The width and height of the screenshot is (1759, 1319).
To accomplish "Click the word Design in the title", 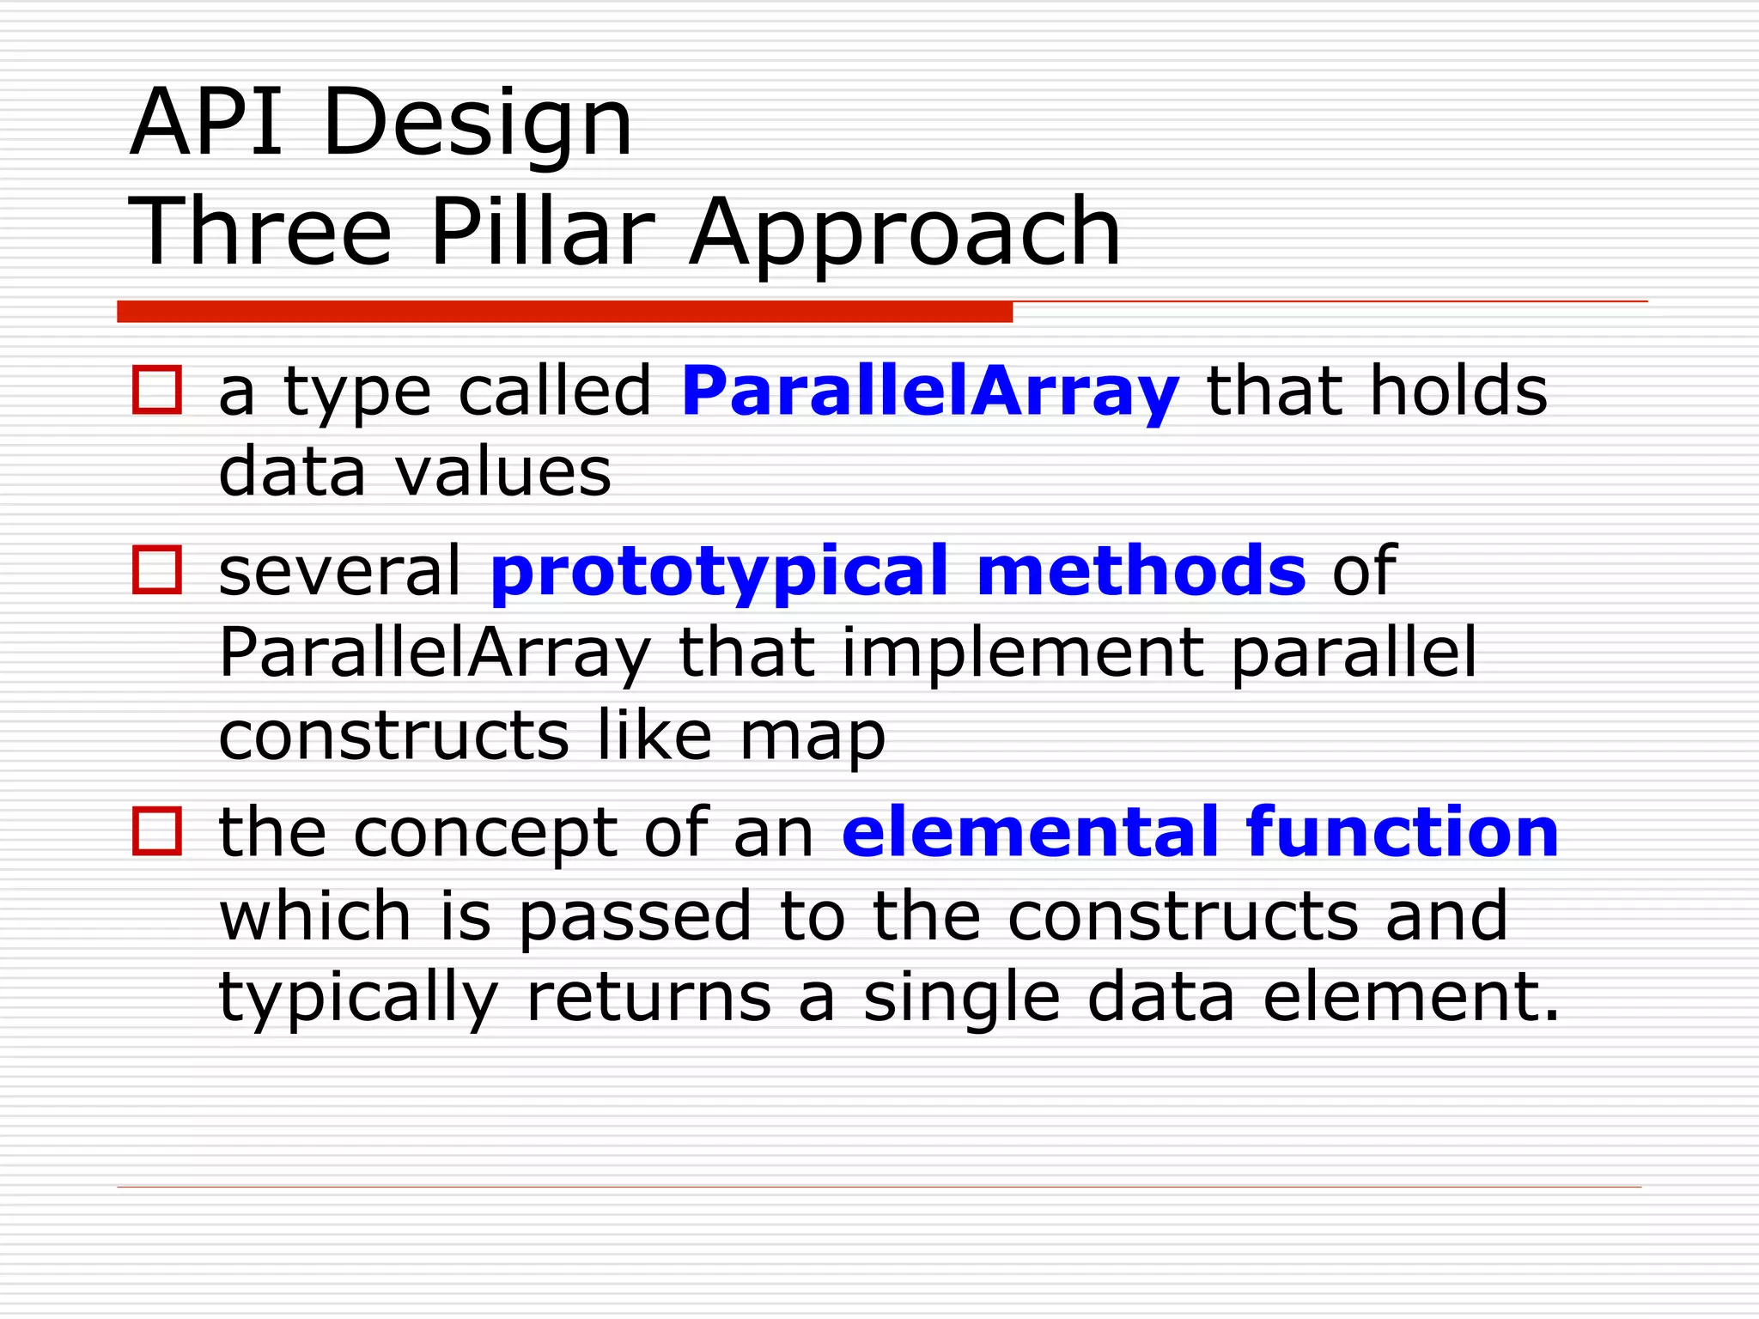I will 478,125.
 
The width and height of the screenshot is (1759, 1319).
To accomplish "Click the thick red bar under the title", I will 564,312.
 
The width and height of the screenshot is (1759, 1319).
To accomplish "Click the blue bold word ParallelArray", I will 930,392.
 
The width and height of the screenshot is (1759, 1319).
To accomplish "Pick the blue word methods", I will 1141,570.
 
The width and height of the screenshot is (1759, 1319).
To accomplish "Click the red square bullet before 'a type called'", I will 157,391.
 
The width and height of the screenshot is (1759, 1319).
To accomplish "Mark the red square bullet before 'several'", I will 157,570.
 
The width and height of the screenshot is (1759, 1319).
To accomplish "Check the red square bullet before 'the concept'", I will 157,831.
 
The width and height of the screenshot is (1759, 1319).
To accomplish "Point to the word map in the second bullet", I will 812,738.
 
